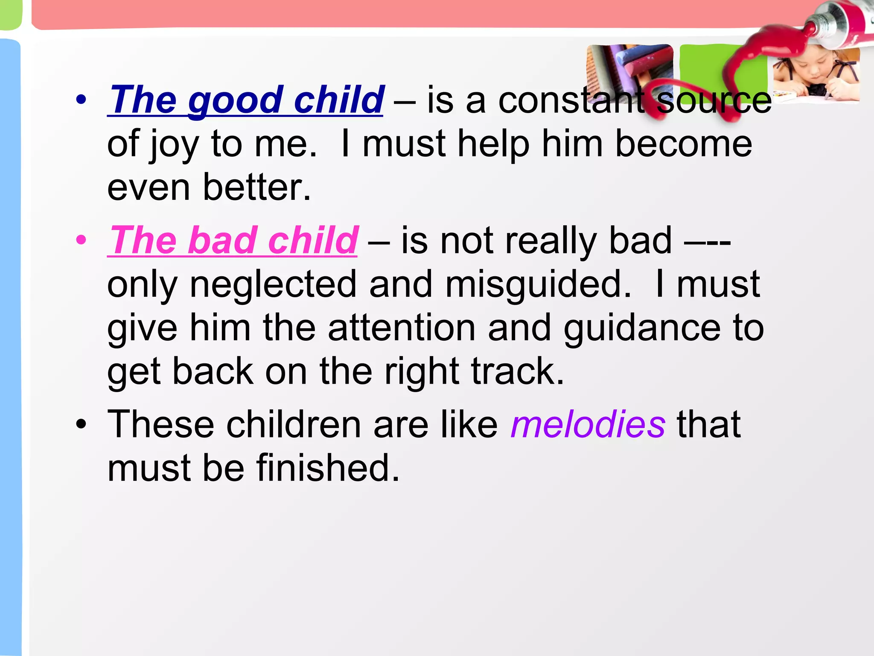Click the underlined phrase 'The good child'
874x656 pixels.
pyautogui.click(x=246, y=100)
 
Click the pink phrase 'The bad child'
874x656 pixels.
pyautogui.click(x=233, y=241)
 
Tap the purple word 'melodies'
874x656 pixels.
pyautogui.click(x=588, y=425)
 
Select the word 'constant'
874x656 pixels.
pyautogui.click(x=572, y=100)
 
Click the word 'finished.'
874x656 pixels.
pyautogui.click(x=328, y=468)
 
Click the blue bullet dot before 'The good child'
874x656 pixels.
pyautogui.click(x=81, y=100)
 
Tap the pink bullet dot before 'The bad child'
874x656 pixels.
pyautogui.click(x=81, y=240)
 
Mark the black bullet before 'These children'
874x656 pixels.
pyautogui.click(x=81, y=425)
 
